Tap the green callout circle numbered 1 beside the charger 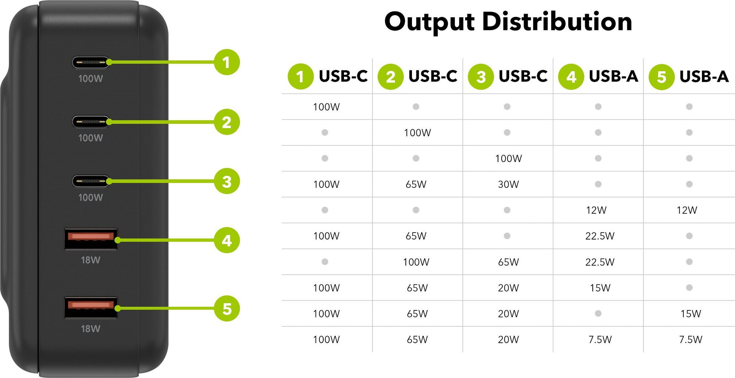pos(227,62)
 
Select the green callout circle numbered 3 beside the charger pos(227,181)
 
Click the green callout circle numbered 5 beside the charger pos(227,309)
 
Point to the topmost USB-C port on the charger pos(91,62)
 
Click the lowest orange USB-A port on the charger pos(91,307)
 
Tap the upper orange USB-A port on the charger pos(91,239)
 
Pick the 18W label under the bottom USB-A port pos(90,328)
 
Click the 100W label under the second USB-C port pos(90,138)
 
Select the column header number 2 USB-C pos(417,76)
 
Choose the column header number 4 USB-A pos(598,76)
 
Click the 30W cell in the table pos(508,184)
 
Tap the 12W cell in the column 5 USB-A pos(687,210)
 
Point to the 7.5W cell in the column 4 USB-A pos(600,339)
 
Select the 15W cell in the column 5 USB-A pos(691,314)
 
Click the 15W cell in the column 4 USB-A pos(600,288)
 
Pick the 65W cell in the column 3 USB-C pos(508,262)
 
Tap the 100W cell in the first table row pos(326,107)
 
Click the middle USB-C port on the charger pos(91,122)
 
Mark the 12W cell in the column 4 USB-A pos(596,210)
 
